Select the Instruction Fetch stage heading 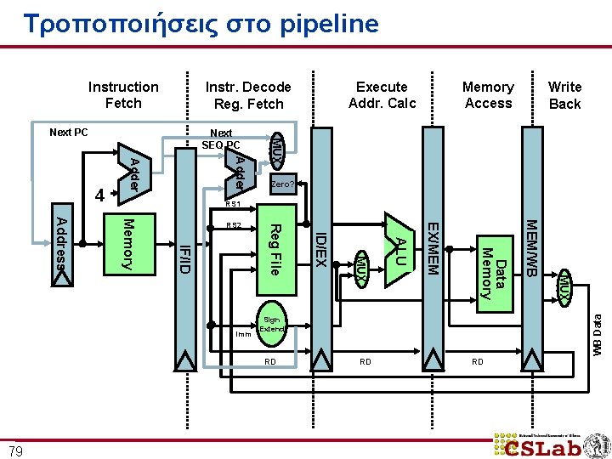coord(123,94)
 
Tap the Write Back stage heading coord(564,95)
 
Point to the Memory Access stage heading coord(488,94)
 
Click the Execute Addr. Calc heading coord(382,94)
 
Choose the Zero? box coord(281,184)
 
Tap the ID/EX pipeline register coord(321,255)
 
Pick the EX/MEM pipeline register coord(433,246)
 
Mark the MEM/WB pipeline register coord(532,246)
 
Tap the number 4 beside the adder coord(99,195)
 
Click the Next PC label coord(68,132)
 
